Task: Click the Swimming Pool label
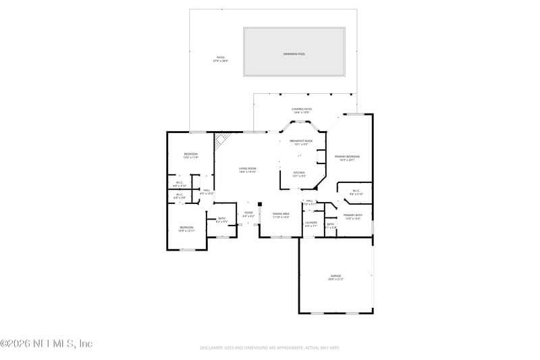click(294, 53)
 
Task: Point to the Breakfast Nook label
click(301, 142)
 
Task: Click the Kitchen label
click(298, 174)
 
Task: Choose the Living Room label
click(247, 170)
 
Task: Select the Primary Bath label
click(353, 216)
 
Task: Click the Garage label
click(335, 277)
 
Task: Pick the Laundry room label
click(310, 224)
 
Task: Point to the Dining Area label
click(281, 215)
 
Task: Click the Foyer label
click(248, 213)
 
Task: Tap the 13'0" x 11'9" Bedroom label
click(190, 155)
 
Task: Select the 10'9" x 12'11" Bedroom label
click(186, 228)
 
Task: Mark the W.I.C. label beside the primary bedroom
click(357, 192)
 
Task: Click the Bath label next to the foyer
click(221, 220)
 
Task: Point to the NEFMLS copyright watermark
click(46, 343)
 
